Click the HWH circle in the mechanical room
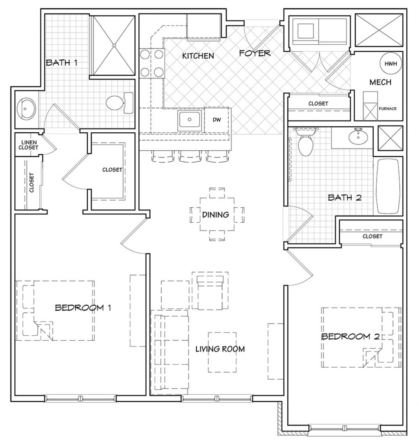tap(390, 64)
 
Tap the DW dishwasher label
tap(217, 120)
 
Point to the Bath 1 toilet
tap(119, 103)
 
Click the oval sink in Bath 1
tap(26, 109)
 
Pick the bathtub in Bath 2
tap(389, 186)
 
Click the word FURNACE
tap(388, 109)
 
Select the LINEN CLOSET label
tap(29, 145)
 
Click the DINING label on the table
tap(215, 215)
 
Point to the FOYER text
tap(255, 53)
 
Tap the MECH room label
tap(380, 82)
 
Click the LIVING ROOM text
tap(220, 349)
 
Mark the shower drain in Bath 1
tap(114, 45)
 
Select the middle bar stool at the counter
tap(190, 156)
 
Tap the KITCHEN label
tap(198, 56)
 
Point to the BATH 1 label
tap(61, 62)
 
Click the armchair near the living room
tap(210, 292)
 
